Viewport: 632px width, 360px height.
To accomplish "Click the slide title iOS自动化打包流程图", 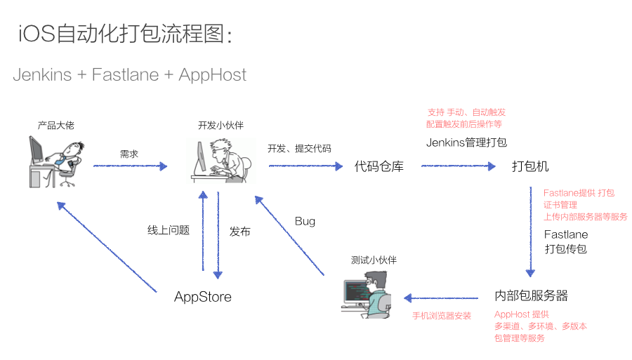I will pos(125,34).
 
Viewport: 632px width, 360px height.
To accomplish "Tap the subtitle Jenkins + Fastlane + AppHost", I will pos(129,74).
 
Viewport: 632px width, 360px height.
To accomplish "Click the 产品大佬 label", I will pos(55,125).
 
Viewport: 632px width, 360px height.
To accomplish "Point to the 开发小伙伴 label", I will pos(220,125).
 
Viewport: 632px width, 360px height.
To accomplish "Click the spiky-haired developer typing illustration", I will pos(220,160).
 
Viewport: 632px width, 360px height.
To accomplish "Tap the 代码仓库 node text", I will pos(379,166).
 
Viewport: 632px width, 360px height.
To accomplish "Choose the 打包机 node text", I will pos(530,166).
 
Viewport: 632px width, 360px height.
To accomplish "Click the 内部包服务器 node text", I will pos(532,295).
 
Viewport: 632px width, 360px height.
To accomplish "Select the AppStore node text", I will pos(203,297).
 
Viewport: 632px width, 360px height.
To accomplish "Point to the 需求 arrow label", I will pos(129,153).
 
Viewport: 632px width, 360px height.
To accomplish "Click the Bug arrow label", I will pos(305,221).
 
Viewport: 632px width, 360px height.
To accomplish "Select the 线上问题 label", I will pos(169,230).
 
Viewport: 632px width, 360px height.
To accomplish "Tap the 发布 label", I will pos(239,231).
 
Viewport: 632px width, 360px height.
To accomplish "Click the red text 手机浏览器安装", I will pos(442,316).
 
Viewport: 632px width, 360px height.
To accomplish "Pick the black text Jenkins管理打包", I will pos(466,142).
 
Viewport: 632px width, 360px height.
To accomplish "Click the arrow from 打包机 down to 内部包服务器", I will pos(530,232).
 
